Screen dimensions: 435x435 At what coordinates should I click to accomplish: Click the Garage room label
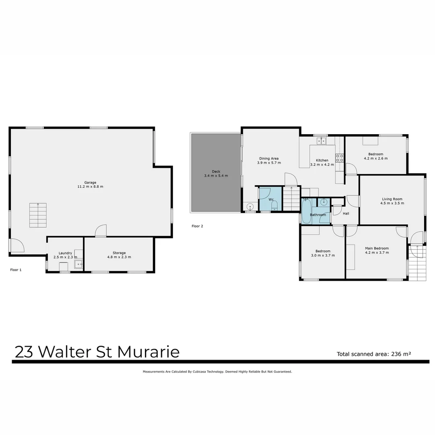90,184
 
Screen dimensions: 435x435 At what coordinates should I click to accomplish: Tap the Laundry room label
65,255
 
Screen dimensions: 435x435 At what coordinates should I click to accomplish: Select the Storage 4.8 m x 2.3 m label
119,255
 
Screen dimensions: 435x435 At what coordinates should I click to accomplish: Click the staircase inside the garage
38,215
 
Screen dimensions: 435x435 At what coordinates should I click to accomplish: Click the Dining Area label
269,160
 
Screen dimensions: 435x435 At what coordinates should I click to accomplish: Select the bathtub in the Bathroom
306,210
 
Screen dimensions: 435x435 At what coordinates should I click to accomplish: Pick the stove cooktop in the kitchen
340,157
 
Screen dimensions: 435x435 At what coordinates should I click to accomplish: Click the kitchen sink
321,141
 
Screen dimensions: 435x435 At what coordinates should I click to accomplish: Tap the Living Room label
392,201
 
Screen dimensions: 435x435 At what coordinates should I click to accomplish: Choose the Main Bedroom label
377,251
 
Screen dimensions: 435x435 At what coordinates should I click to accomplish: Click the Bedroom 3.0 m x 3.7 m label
323,253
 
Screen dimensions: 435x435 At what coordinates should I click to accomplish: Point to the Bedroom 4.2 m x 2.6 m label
376,156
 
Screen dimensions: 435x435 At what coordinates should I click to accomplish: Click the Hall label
346,213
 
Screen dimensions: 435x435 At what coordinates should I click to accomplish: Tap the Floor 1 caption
16,270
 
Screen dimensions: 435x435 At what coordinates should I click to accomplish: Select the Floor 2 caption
197,226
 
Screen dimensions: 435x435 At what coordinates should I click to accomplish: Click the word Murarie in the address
148,352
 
